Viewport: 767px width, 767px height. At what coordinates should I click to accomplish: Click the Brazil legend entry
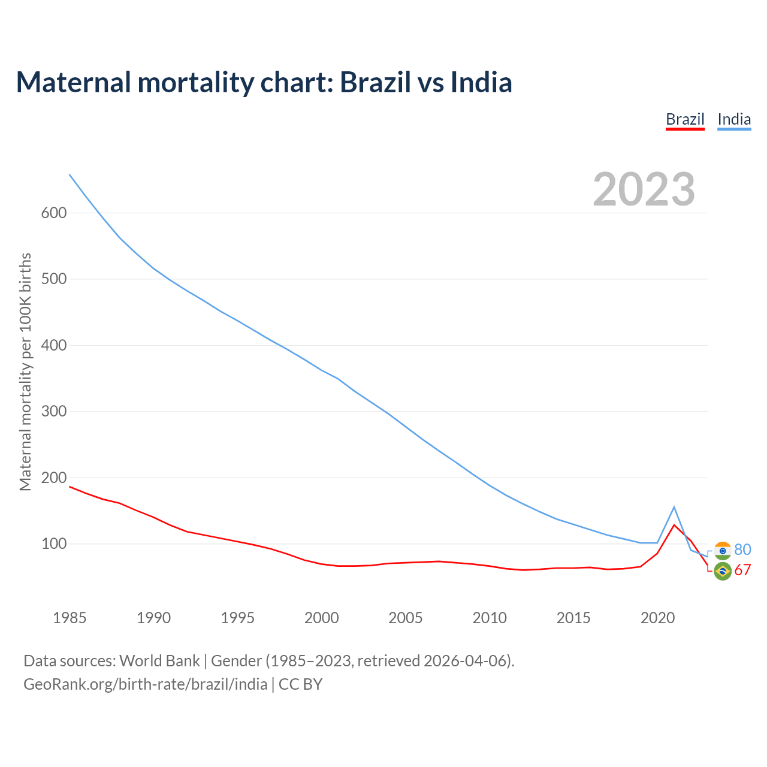pos(685,119)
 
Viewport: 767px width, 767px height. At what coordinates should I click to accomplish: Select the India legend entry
pos(734,119)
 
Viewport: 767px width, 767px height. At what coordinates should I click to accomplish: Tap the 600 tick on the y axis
pos(54,213)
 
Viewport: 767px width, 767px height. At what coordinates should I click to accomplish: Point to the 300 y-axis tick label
pos(54,412)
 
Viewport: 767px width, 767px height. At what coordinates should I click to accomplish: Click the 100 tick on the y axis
pos(54,544)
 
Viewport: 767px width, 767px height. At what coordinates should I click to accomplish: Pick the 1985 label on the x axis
pos(70,618)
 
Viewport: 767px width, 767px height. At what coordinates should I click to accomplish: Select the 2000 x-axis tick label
pos(322,618)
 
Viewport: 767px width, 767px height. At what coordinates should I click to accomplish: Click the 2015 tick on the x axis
pos(573,618)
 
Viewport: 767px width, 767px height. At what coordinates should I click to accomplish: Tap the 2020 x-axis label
pos(657,618)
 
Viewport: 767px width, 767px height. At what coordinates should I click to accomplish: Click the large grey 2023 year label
pos(644,189)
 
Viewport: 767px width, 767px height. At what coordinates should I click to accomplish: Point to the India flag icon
pos(723,551)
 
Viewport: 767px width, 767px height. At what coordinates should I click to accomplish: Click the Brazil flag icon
pos(723,572)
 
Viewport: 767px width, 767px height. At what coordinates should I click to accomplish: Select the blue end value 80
pos(742,549)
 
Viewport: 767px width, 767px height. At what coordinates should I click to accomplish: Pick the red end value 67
pos(742,570)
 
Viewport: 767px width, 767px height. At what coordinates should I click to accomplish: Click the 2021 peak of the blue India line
pos(674,507)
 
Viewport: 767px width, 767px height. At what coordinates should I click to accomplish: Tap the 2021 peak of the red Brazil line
pos(674,525)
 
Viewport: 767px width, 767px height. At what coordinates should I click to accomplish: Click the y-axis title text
pos(25,372)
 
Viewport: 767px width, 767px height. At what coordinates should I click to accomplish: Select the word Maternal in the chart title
pos(73,82)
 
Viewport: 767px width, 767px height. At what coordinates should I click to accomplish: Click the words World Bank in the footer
pos(159,661)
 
